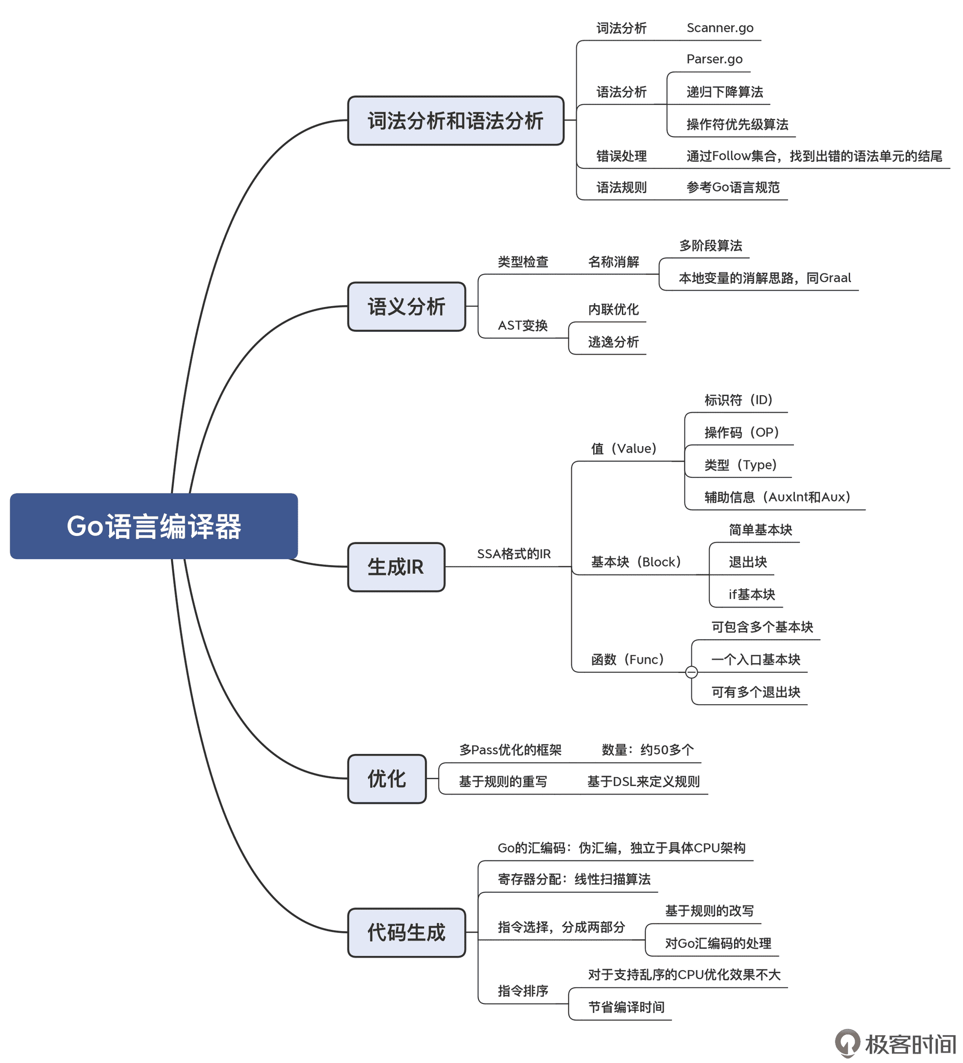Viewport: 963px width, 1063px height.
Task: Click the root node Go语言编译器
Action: click(153, 526)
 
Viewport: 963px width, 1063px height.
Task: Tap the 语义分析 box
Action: click(406, 307)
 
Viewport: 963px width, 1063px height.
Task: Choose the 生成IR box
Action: click(395, 567)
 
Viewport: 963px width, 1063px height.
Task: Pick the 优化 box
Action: click(387, 779)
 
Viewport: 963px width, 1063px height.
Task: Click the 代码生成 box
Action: click(406, 932)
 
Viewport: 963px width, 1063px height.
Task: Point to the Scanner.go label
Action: click(719, 28)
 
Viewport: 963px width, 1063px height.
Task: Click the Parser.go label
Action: click(714, 59)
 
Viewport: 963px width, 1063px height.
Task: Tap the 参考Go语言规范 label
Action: click(732, 187)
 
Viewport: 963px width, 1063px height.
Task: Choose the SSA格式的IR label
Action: click(514, 554)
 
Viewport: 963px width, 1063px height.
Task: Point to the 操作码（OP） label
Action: click(741, 432)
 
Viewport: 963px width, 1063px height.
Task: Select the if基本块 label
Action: click(751, 594)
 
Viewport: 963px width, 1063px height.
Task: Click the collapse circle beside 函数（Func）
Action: click(691, 672)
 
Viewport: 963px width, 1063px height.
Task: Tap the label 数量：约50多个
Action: click(647, 749)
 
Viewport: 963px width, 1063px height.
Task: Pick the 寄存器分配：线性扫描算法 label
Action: click(574, 879)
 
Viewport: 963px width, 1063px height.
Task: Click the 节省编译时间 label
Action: click(626, 1006)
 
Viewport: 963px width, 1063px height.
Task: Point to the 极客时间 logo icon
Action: click(847, 1043)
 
